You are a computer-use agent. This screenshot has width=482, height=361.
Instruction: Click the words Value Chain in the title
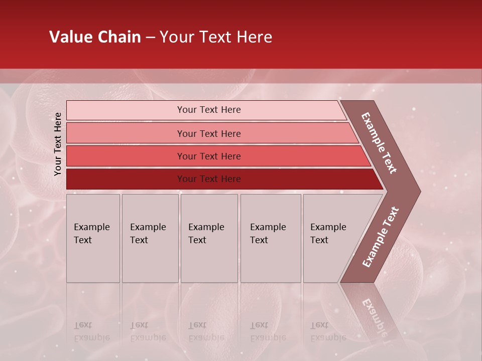95,37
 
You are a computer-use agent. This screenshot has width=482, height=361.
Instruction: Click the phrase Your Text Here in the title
216,37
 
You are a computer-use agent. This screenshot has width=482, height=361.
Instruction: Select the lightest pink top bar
126,110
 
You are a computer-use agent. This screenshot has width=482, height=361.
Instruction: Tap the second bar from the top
126,133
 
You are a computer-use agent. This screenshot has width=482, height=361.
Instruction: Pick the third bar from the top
126,156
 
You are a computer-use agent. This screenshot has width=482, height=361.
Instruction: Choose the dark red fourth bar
126,179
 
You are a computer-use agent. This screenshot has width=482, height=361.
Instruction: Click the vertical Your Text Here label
58,144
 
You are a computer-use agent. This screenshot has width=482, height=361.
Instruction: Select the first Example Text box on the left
93,238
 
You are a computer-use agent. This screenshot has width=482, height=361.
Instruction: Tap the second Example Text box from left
150,238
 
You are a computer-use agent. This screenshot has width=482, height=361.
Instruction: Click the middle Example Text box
209,238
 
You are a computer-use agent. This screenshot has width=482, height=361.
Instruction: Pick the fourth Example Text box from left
270,238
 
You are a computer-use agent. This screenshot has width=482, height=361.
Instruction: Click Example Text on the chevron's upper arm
379,142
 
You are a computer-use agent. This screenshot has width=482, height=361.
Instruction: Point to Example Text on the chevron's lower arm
380,237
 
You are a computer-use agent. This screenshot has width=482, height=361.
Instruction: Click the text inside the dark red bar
209,179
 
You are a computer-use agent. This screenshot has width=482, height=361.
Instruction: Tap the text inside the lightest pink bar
209,110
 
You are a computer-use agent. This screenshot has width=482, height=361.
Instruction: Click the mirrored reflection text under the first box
91,331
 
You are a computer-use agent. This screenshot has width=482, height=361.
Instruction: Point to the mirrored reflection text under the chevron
374,313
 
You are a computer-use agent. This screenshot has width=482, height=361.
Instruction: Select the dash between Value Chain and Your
150,38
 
